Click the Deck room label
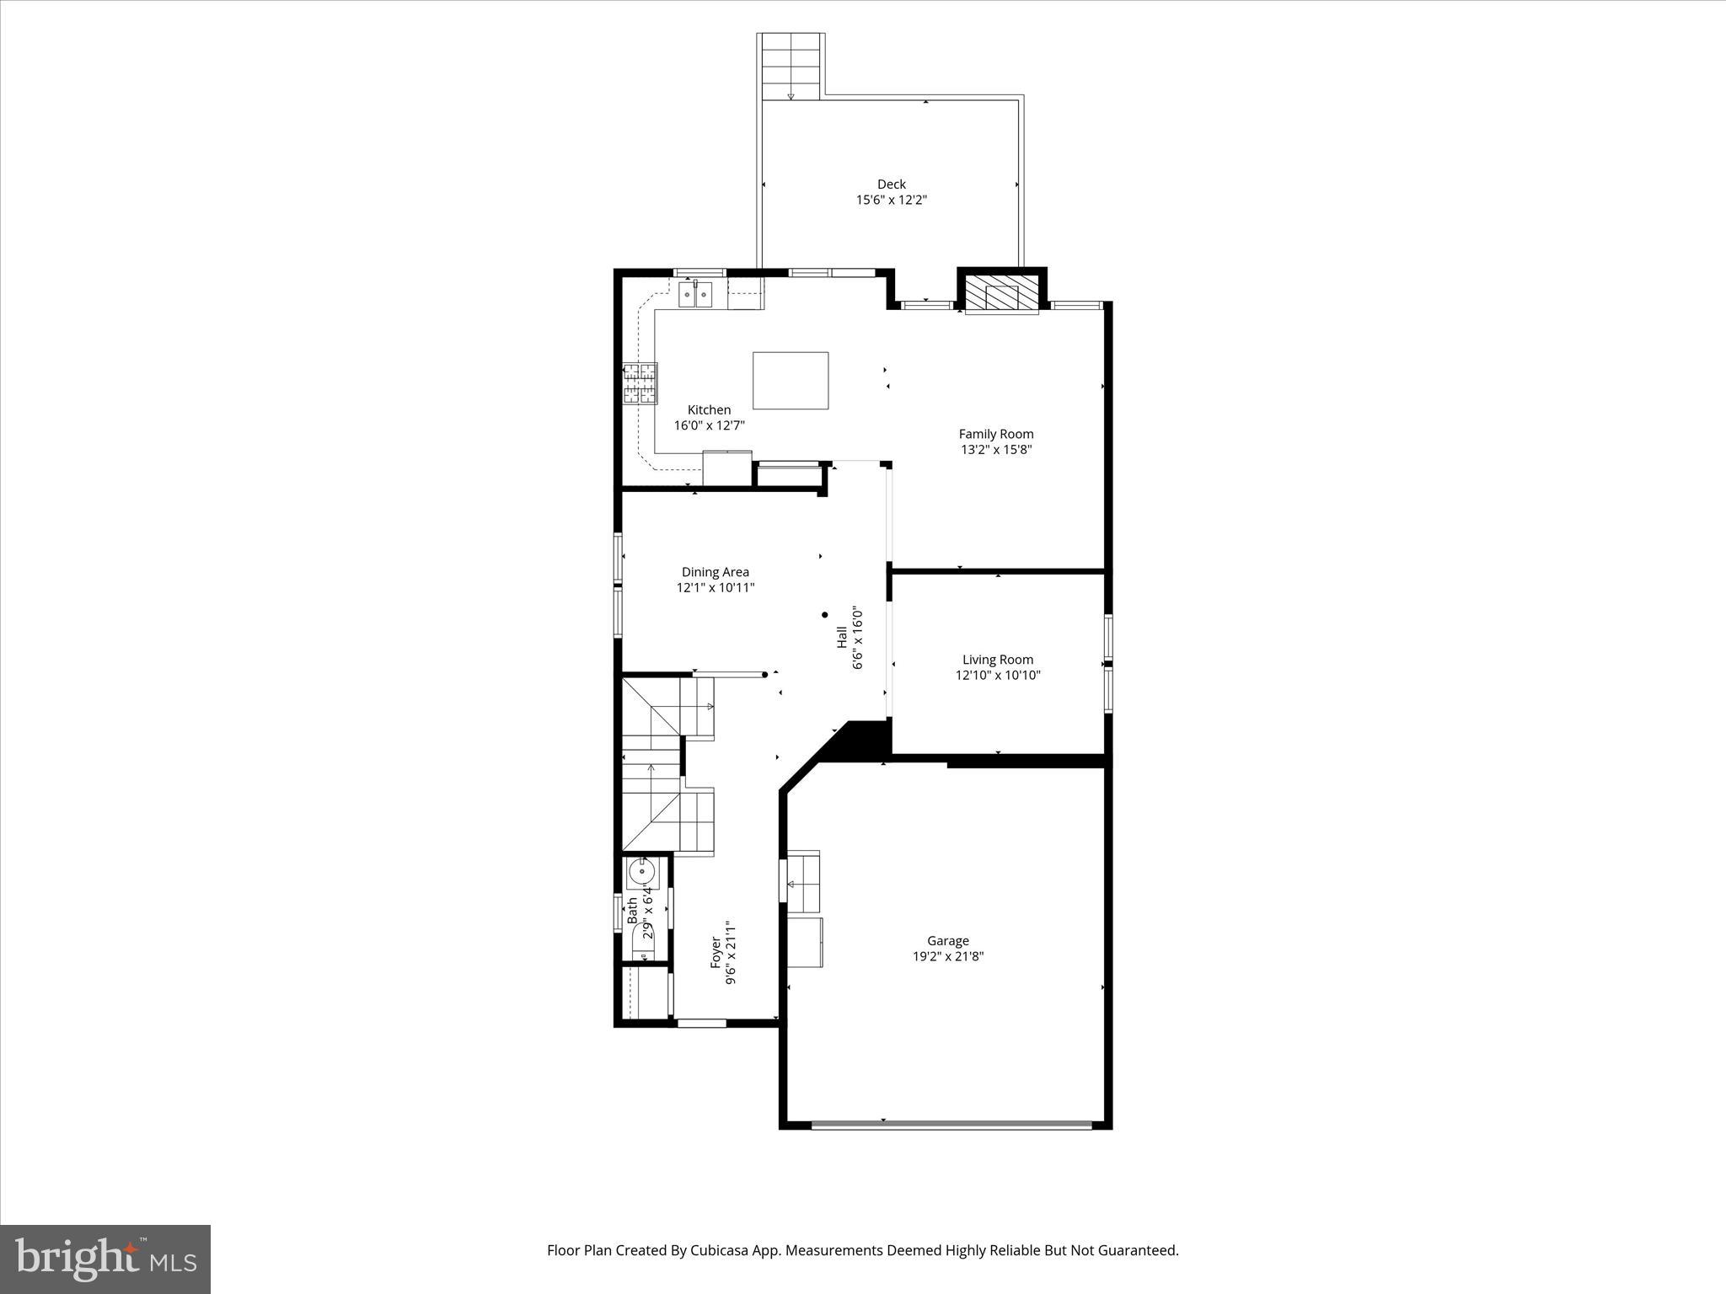point(891,184)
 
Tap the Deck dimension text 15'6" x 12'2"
point(891,201)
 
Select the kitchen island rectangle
point(790,381)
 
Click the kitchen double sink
point(695,295)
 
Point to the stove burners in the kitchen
point(640,384)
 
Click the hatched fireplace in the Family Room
point(1001,295)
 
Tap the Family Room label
point(995,434)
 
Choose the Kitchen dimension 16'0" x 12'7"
point(709,426)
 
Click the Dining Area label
point(715,572)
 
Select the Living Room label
point(997,660)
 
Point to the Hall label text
point(841,637)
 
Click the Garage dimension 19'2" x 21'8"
point(947,956)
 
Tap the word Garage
point(947,940)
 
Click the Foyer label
point(716,952)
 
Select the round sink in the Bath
point(641,872)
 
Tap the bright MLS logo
point(105,1259)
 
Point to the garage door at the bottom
point(951,1124)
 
